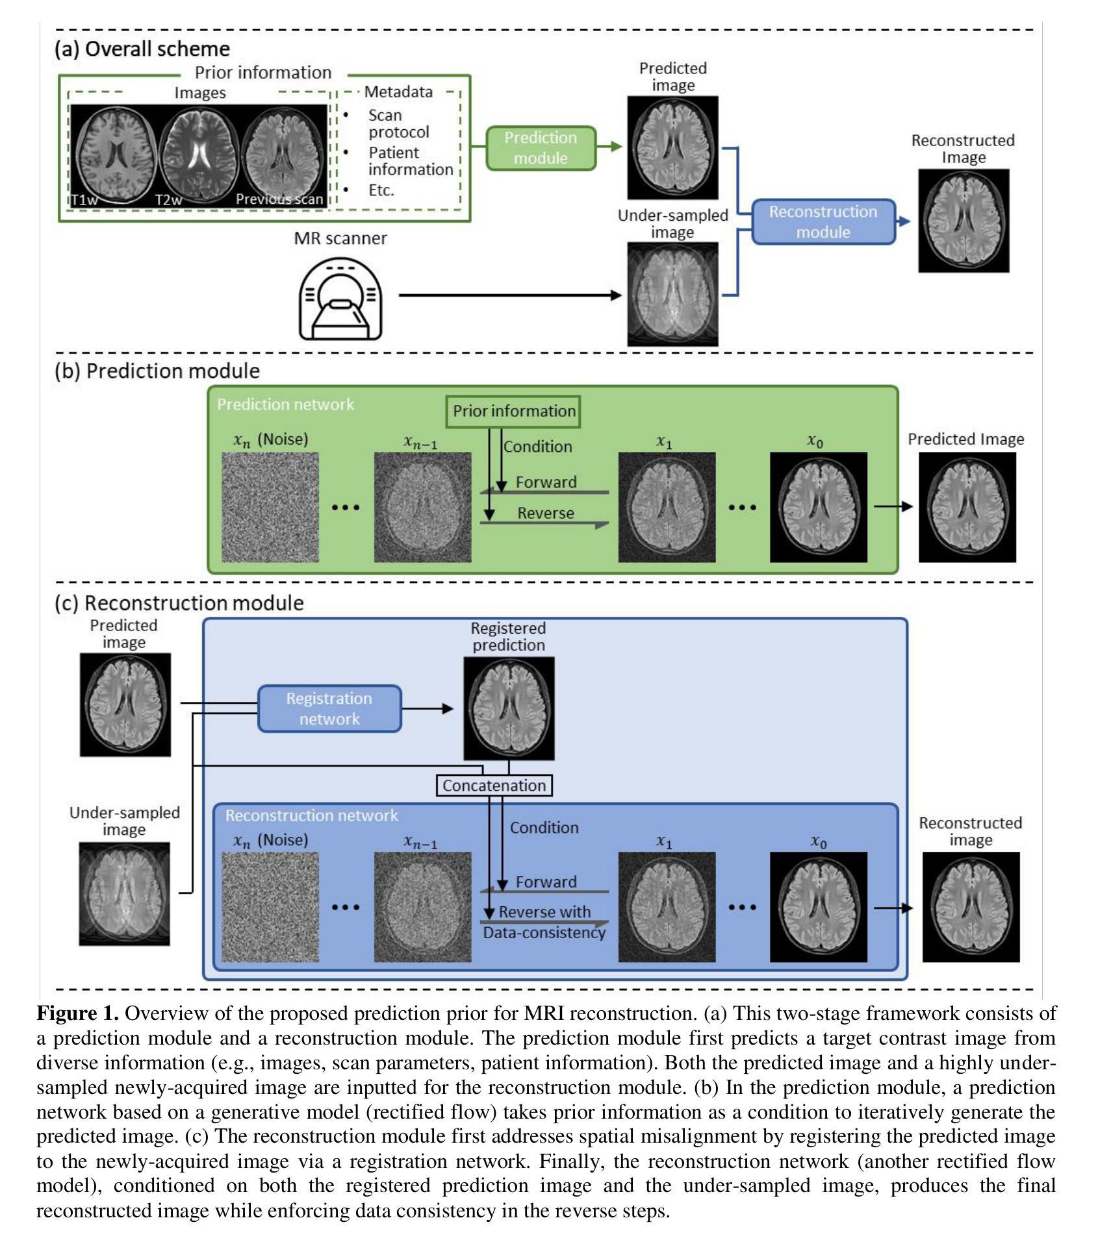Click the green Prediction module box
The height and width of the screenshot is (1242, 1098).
[x=541, y=148]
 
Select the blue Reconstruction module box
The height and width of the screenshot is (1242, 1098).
[x=823, y=222]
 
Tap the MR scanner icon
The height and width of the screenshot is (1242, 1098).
[x=340, y=299]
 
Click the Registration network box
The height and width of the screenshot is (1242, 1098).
[x=329, y=709]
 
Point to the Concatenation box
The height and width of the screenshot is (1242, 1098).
[x=494, y=786]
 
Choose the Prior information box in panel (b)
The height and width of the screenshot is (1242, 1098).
[x=513, y=412]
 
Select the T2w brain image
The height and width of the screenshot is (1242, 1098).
[x=199, y=155]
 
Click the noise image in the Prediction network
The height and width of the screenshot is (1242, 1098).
[x=270, y=507]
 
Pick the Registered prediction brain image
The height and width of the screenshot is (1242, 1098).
[x=509, y=708]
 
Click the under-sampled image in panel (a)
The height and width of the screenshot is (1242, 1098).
[x=672, y=294]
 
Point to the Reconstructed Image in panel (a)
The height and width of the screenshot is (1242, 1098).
[x=964, y=221]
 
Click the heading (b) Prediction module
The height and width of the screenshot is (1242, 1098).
[x=157, y=371]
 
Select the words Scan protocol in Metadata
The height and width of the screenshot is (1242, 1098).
[x=398, y=123]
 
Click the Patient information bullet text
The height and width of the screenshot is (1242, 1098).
[x=409, y=161]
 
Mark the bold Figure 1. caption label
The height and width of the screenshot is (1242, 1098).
[x=77, y=1013]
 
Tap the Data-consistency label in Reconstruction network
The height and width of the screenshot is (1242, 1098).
[x=544, y=933]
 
